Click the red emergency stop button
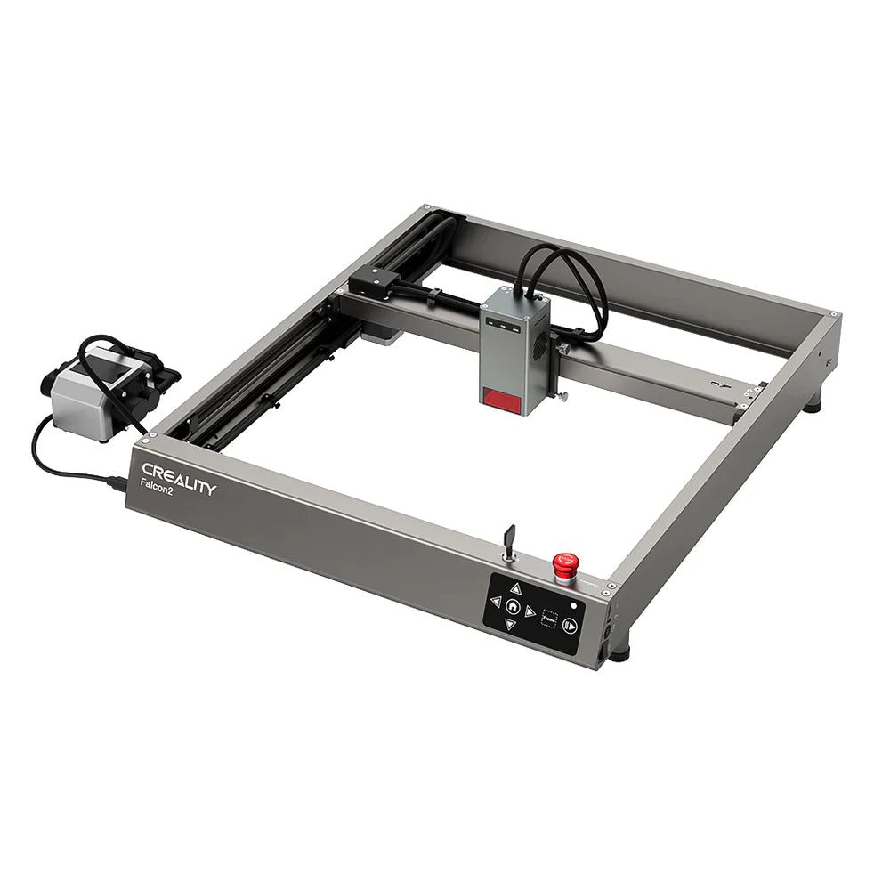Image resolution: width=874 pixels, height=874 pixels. coord(562,563)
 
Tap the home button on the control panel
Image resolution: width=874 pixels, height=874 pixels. coord(514,606)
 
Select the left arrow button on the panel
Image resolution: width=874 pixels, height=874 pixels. coord(496,602)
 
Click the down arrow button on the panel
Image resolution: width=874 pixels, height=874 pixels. coord(510,624)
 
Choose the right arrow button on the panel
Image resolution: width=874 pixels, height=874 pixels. coord(530,611)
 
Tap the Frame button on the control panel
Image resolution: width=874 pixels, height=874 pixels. coord(550,619)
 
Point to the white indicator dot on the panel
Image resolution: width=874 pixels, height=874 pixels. coord(575,606)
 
